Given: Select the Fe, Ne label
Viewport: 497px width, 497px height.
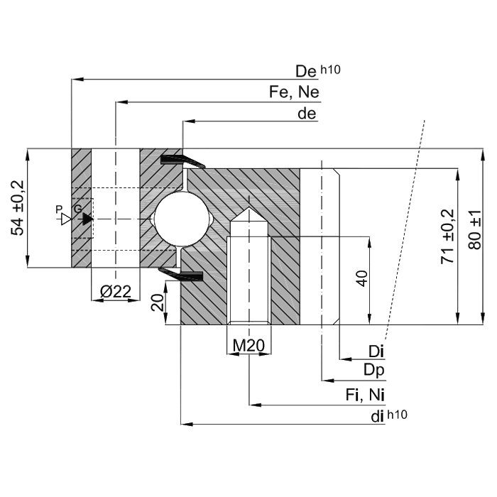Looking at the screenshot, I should click(x=294, y=92).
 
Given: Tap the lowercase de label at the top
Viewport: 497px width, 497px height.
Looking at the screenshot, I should click(x=307, y=114).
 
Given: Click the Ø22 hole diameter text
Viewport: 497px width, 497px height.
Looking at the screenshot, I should click(x=115, y=291).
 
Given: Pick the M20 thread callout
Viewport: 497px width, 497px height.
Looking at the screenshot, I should click(x=248, y=346).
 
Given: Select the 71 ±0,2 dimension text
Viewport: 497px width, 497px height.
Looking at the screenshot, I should click(x=447, y=236).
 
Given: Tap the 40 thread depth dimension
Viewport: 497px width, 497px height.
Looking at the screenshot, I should click(x=362, y=279).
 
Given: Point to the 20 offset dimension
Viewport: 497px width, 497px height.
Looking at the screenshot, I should click(x=158, y=303).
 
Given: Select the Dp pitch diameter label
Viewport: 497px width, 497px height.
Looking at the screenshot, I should click(x=374, y=369).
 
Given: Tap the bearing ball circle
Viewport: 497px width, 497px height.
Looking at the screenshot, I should click(x=182, y=219).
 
